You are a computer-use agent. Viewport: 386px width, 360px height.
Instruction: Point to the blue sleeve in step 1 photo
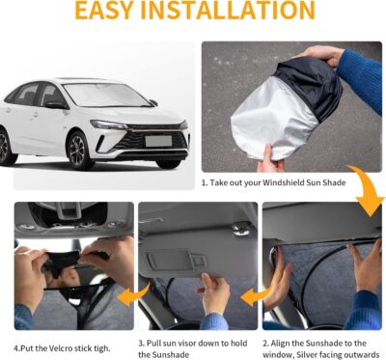click(362, 77)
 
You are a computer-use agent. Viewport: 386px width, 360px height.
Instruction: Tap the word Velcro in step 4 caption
click(57, 345)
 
